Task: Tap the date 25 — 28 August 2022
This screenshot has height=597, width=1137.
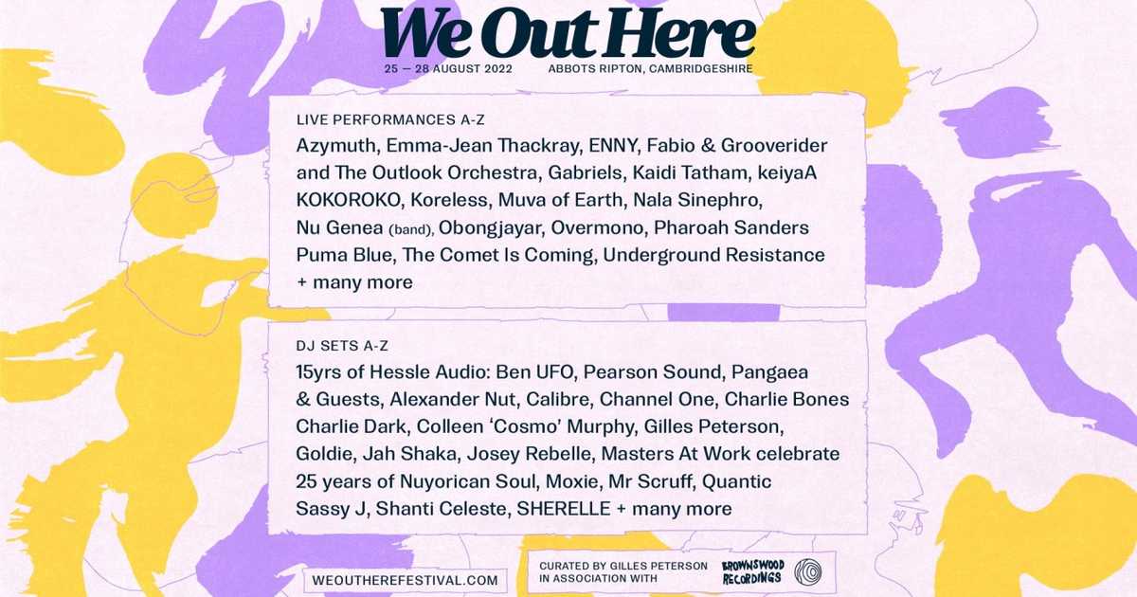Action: pos(447,69)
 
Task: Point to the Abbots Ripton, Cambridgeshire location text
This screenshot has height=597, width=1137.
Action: pos(650,69)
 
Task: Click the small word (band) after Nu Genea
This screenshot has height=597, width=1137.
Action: pos(409,229)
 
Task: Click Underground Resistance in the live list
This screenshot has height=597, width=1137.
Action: pos(713,256)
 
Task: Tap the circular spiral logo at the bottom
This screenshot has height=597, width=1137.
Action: pos(808,572)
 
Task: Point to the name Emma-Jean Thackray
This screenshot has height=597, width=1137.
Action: pos(480,147)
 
